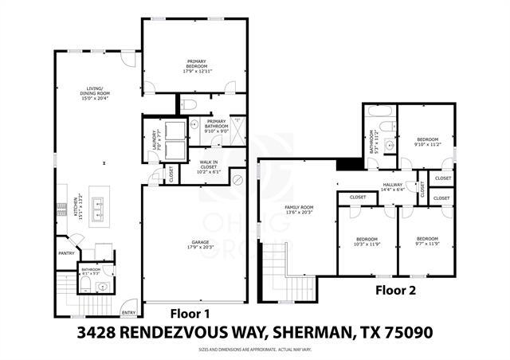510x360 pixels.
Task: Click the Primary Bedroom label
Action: click(x=196, y=67)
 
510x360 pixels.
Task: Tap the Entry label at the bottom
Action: click(x=127, y=312)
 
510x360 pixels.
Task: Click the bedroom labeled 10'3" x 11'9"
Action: click(x=367, y=241)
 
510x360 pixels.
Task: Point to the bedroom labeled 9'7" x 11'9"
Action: click(x=428, y=241)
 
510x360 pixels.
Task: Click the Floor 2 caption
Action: click(x=396, y=291)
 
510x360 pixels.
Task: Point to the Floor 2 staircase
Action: click(x=273, y=270)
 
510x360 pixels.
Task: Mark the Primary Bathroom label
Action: click(x=218, y=124)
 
